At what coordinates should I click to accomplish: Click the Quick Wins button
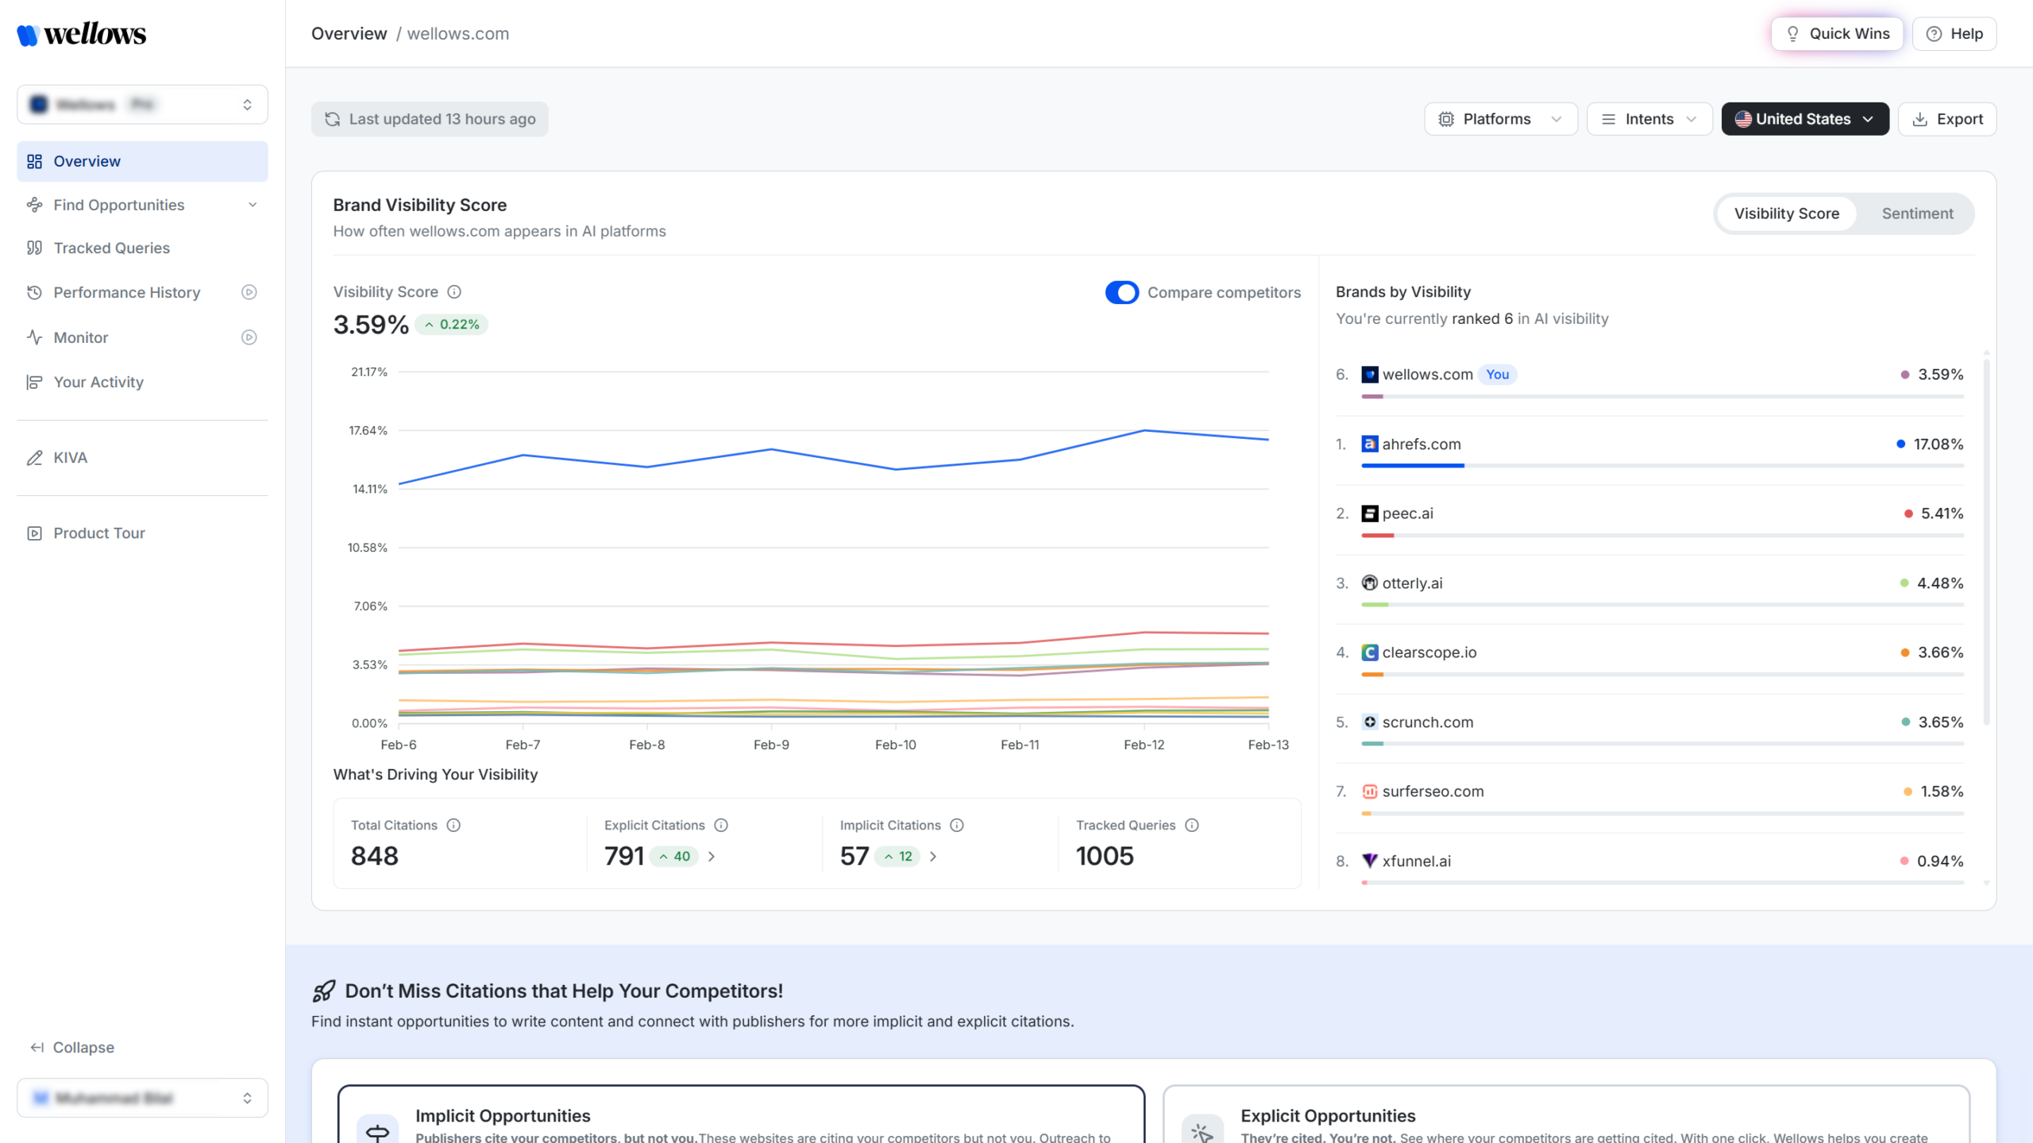click(1836, 33)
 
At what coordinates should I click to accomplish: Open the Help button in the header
click(1954, 33)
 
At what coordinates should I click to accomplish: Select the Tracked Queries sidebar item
click(111, 248)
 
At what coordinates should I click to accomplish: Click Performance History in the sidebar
click(126, 293)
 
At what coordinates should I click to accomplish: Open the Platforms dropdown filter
click(1500, 119)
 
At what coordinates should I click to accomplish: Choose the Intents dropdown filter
click(1649, 119)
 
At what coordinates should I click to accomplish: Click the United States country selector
click(1804, 119)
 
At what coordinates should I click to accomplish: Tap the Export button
click(1947, 119)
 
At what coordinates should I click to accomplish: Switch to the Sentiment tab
click(1916, 214)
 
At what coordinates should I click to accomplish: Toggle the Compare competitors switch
click(1121, 293)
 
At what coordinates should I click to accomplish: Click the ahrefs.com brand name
click(1421, 444)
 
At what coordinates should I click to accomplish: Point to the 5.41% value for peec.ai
click(1942, 514)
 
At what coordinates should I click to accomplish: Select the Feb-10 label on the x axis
click(895, 745)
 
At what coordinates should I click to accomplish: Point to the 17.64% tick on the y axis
click(368, 430)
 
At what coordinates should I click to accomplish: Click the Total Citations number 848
click(375, 856)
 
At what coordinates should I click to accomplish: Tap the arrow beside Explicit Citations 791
click(712, 856)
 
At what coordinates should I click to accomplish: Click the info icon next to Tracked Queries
click(1191, 825)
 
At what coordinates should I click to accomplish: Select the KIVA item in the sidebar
click(70, 458)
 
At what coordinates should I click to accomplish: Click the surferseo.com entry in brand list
click(1432, 791)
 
